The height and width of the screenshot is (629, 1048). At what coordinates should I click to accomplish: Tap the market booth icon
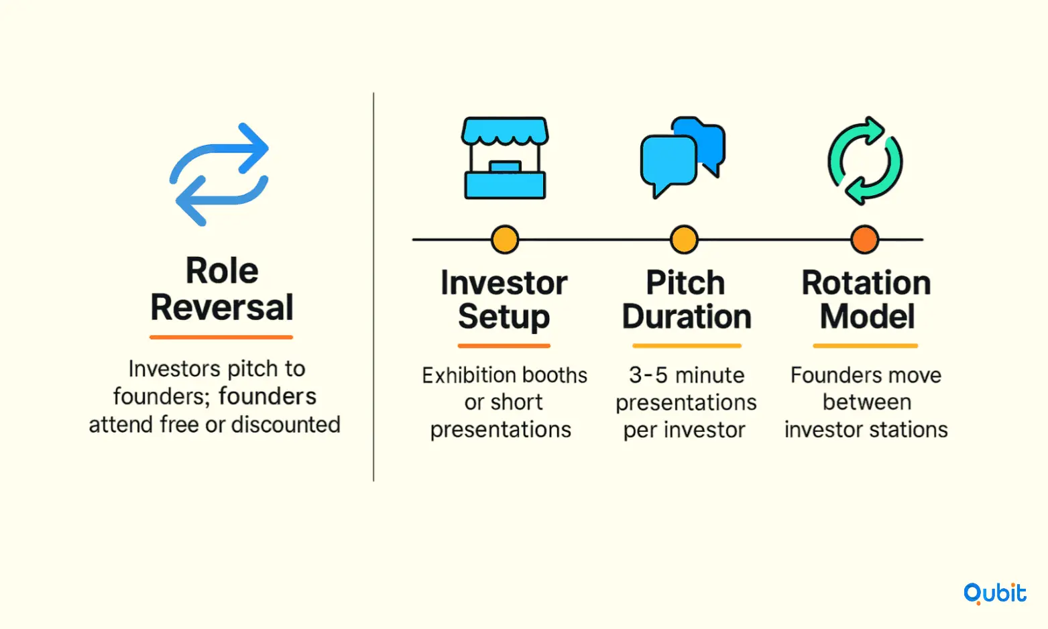tap(505, 158)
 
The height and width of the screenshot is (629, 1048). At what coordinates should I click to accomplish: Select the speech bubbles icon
tap(683, 157)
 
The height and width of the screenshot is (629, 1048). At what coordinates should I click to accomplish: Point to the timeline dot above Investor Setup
tap(505, 239)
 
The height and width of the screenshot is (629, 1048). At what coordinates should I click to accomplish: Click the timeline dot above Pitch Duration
tap(684, 239)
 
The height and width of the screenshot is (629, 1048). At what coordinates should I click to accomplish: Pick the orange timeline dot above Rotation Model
tap(864, 239)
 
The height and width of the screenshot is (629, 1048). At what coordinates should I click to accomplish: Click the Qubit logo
tap(994, 593)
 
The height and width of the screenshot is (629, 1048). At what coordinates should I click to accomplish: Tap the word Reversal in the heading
tap(222, 307)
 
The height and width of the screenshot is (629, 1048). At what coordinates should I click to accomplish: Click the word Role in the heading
tap(222, 270)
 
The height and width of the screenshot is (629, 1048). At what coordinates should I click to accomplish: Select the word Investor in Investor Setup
tap(504, 283)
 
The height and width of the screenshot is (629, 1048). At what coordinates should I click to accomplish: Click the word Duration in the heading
tap(687, 317)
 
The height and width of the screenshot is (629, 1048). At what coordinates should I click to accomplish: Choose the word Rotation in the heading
tap(866, 283)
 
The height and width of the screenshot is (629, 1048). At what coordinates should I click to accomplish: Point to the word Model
tap(867, 317)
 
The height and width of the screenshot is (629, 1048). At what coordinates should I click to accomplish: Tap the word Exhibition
tap(468, 375)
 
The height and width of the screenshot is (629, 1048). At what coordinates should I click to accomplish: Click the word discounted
tap(286, 424)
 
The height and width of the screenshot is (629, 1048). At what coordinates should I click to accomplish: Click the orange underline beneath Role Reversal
tap(221, 337)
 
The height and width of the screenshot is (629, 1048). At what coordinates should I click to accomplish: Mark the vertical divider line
tap(373, 286)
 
